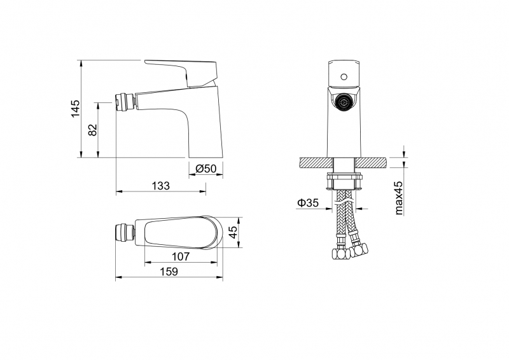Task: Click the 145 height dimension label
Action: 75,109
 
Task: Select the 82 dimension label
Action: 93,130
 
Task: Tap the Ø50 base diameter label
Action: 206,169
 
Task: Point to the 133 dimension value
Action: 161,186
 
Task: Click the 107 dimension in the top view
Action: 181,256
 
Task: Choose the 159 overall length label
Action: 169,272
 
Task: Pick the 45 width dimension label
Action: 233,232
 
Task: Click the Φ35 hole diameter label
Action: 308,203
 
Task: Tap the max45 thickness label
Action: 399,198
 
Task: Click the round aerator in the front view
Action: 344,102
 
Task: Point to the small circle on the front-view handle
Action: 344,77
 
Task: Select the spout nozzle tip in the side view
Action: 125,101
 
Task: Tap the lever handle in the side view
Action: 181,73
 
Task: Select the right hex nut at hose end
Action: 359,249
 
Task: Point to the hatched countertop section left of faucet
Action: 317,162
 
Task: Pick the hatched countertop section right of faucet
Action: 371,162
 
